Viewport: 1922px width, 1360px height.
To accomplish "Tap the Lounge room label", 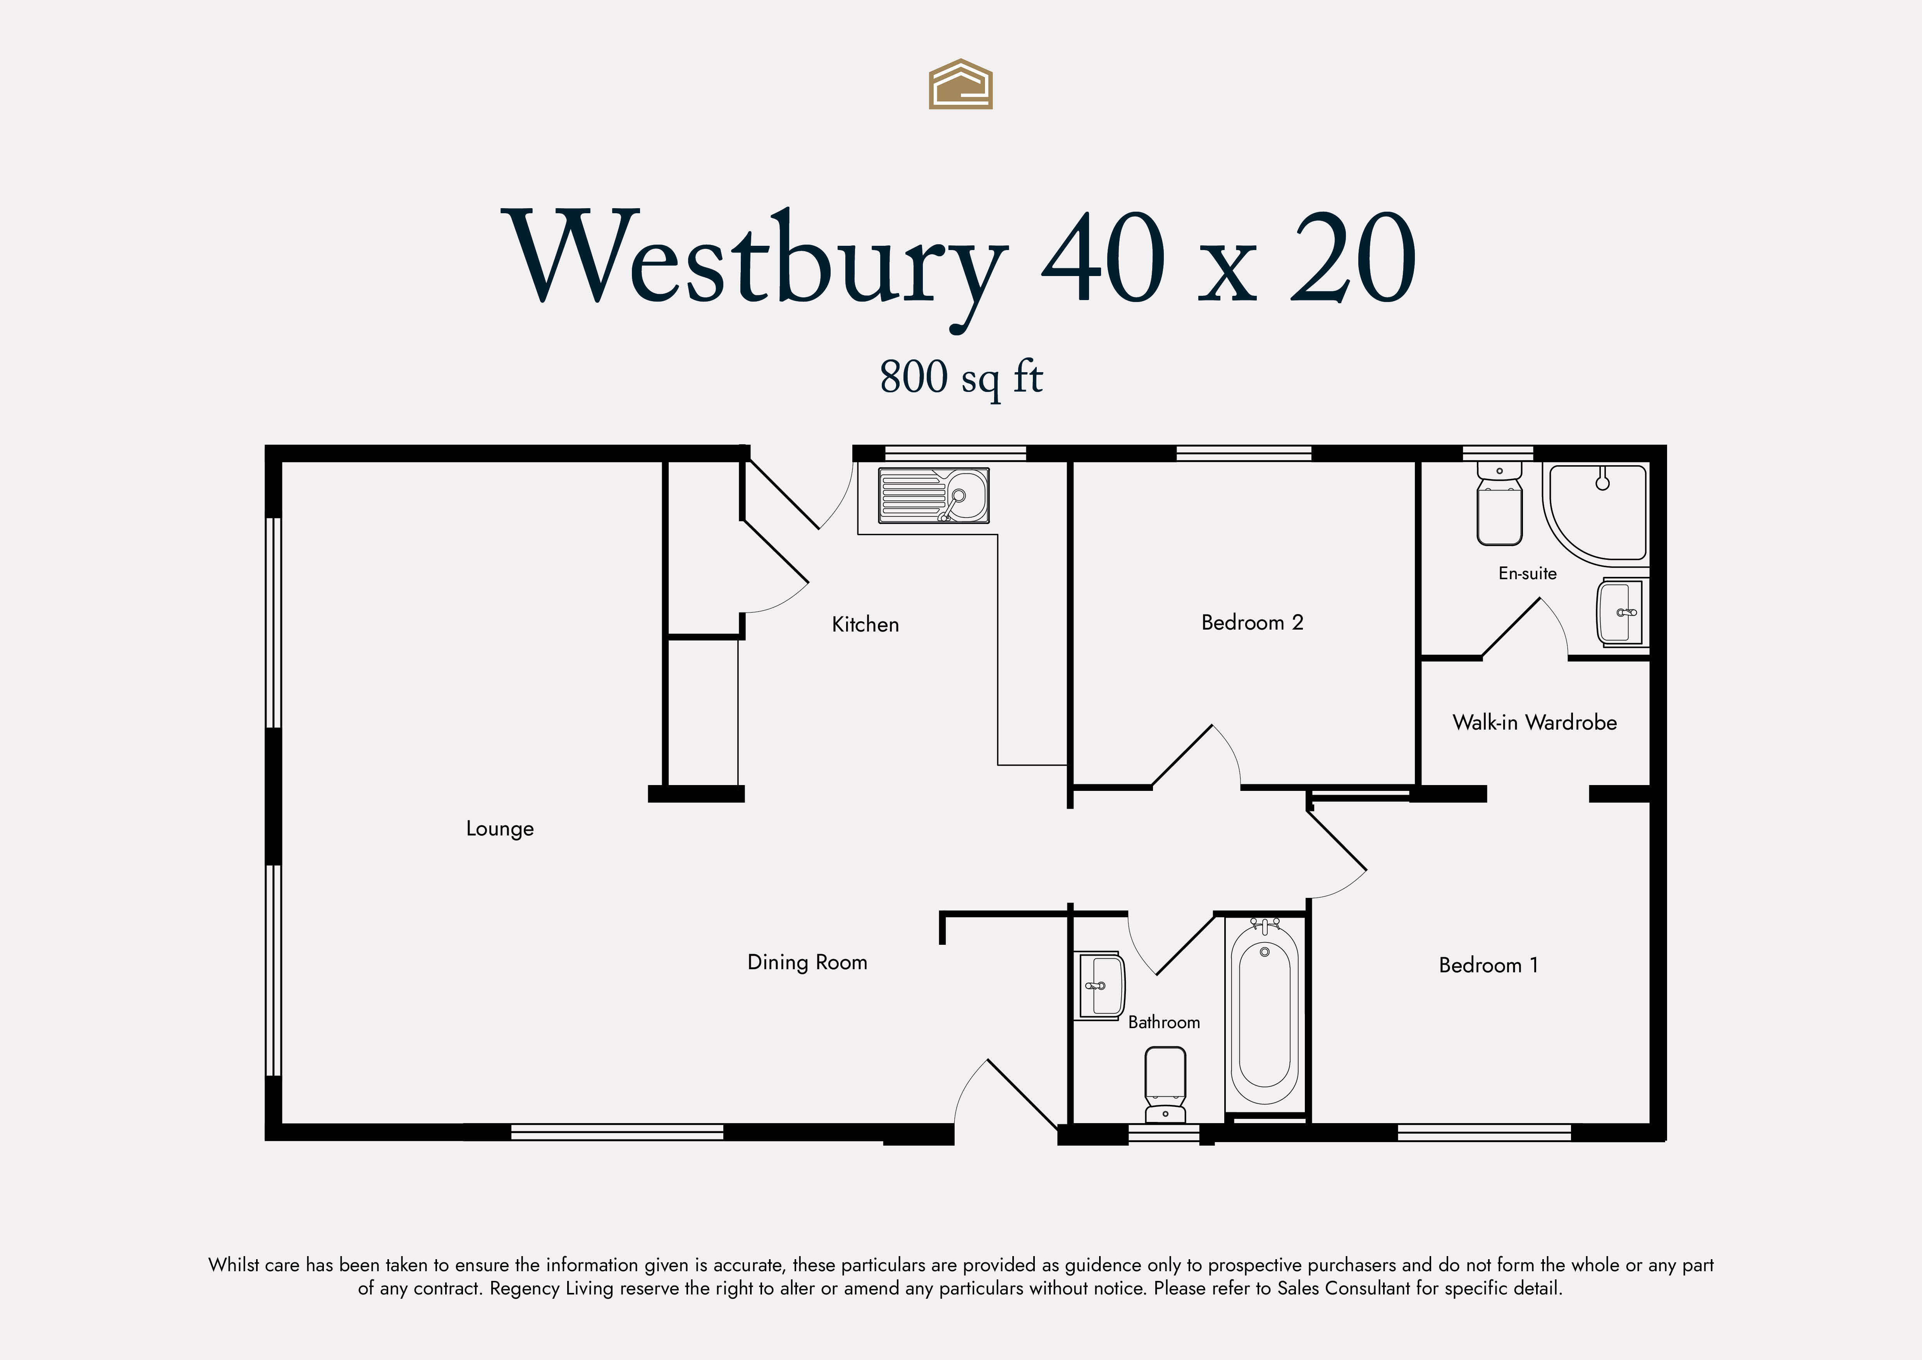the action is point(500,829).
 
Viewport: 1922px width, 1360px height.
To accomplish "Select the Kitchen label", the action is point(866,625).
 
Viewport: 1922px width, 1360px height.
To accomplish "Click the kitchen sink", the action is point(933,496).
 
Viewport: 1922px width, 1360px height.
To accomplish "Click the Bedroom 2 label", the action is point(1252,622).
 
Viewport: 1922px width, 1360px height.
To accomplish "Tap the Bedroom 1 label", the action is point(1488,966).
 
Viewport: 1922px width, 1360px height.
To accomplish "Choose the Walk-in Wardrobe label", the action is point(1535,723).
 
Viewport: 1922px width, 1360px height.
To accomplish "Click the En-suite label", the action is point(1528,574).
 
